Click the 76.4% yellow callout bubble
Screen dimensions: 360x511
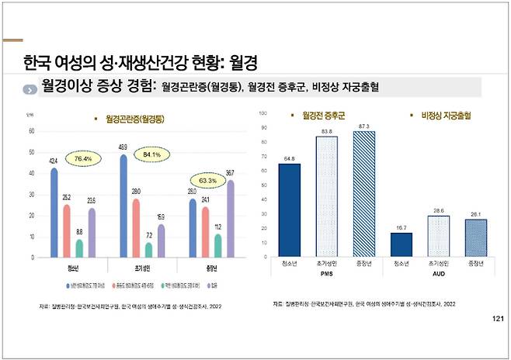tap(83, 159)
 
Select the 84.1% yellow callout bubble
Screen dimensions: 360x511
tap(151, 154)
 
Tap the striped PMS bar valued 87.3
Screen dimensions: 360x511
tap(363, 193)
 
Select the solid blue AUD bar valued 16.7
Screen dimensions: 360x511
tap(401, 244)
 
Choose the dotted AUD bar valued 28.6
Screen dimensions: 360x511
tap(439, 236)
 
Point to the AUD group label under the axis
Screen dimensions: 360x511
tap(439, 273)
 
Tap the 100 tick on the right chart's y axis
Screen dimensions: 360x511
tap(264, 113)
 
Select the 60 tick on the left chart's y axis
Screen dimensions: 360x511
tap(30, 131)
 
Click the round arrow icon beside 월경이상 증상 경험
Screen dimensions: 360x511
tap(30, 88)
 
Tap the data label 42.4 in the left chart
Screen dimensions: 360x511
tap(53, 161)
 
